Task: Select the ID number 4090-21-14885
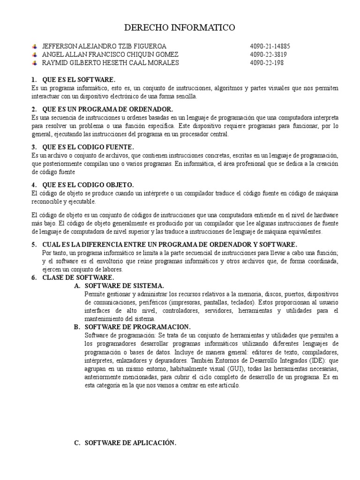[x=270, y=46]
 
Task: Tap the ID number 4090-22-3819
[x=268, y=55]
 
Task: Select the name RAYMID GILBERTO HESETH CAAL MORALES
[x=110, y=63]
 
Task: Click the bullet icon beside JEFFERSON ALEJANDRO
[x=35, y=46]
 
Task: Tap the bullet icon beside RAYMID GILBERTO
[x=35, y=63]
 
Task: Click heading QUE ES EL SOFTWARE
[x=78, y=80]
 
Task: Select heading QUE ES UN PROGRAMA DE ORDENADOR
[x=108, y=109]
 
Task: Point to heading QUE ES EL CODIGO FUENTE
[x=88, y=147]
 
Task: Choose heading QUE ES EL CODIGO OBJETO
[x=88, y=184]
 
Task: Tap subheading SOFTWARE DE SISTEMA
[x=124, y=285]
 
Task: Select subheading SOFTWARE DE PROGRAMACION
[x=137, y=327]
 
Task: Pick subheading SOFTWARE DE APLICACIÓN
[x=130, y=442]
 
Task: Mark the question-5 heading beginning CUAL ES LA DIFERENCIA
[x=169, y=244]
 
